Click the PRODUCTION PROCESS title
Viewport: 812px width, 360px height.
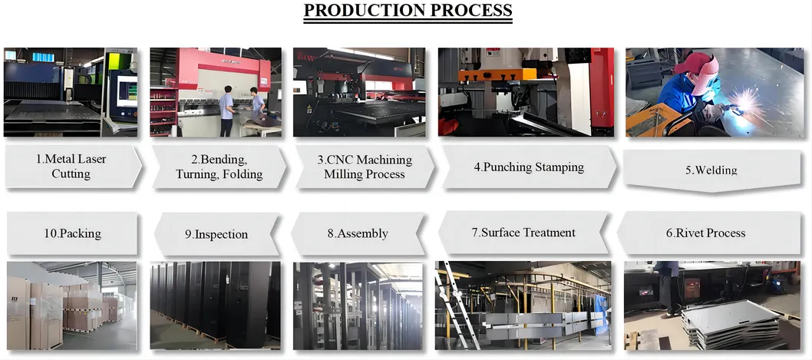point(408,11)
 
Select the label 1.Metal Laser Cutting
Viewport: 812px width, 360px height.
point(71,167)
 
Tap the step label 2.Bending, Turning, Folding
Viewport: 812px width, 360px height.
point(219,167)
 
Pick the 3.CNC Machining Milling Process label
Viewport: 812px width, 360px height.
point(364,167)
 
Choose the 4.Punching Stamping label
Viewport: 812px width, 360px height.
point(529,167)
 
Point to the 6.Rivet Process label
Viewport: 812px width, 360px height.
point(705,233)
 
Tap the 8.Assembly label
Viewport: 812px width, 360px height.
point(358,233)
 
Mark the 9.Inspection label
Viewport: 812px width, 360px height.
point(216,234)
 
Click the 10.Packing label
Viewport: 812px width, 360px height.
point(70,233)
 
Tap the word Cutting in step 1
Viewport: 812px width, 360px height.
point(71,174)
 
